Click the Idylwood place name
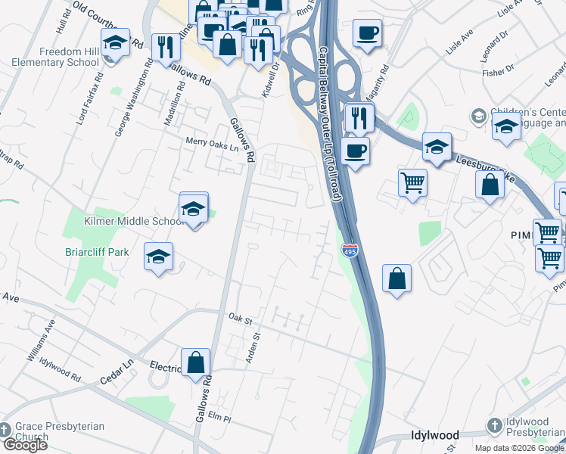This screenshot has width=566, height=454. click(x=434, y=436)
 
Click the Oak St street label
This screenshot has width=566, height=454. click(x=240, y=319)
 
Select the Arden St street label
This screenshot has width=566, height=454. click(x=255, y=347)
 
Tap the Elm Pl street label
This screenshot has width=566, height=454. click(x=219, y=417)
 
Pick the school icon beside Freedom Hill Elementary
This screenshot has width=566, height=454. click(x=115, y=43)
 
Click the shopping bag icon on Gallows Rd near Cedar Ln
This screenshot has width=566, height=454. click(x=196, y=362)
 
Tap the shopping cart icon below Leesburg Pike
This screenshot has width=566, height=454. click(x=412, y=182)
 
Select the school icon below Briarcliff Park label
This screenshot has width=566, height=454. click(x=158, y=257)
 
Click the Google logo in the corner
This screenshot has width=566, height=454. click(x=24, y=445)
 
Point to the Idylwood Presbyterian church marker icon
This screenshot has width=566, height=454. click(x=495, y=426)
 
